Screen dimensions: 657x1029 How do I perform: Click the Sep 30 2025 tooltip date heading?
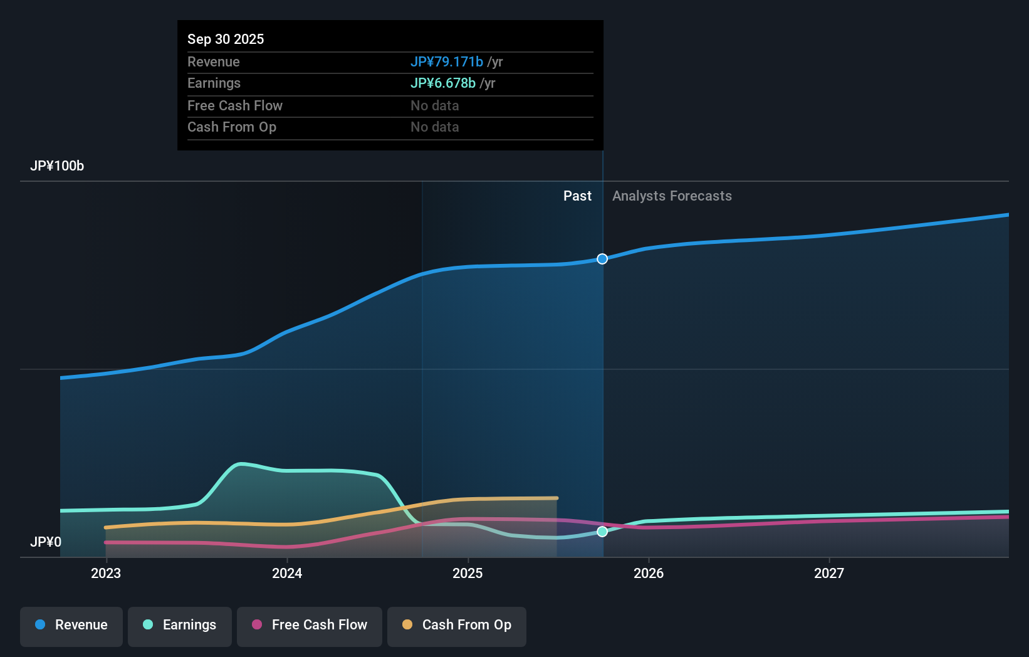click(226, 39)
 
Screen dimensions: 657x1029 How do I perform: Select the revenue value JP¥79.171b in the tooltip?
click(446, 61)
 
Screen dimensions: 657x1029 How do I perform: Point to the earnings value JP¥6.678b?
click(442, 83)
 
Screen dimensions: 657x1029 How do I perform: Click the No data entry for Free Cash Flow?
click(434, 105)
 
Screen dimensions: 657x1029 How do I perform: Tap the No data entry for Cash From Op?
click(434, 127)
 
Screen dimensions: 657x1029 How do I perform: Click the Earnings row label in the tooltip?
click(214, 83)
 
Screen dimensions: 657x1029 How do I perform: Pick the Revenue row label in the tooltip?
click(213, 61)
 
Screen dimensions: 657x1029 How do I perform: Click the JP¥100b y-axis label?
click(57, 166)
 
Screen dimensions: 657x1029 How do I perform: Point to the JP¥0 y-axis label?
click(46, 542)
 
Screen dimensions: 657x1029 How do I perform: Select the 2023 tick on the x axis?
click(106, 573)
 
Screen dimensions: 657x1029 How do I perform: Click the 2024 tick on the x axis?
click(287, 573)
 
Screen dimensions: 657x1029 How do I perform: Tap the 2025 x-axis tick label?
click(467, 573)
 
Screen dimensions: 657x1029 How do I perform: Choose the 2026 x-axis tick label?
click(649, 573)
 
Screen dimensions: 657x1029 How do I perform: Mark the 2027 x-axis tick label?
click(829, 573)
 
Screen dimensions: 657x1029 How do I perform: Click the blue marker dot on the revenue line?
click(602, 259)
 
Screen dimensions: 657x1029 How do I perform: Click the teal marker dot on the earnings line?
click(602, 532)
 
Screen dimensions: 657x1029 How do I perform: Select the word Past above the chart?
click(577, 196)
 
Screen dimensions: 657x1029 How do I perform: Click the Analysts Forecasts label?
click(672, 196)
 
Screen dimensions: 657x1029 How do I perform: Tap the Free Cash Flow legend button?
click(310, 625)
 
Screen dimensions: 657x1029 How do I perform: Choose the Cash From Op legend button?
click(457, 625)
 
